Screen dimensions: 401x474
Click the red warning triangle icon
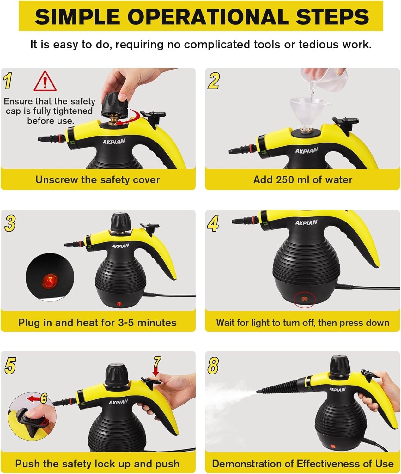[x=45, y=82]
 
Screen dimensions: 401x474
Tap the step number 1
[x=8, y=81]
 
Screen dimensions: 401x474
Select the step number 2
[x=213, y=81]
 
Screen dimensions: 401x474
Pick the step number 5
[x=10, y=365]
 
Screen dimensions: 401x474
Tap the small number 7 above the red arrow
[x=157, y=362]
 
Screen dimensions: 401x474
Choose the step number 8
[x=213, y=366]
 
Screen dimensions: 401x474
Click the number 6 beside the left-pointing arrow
[x=44, y=398]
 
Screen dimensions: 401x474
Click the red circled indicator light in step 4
[x=305, y=299]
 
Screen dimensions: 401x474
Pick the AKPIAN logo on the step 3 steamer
[x=121, y=246]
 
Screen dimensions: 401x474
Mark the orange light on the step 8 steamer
[x=333, y=446]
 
